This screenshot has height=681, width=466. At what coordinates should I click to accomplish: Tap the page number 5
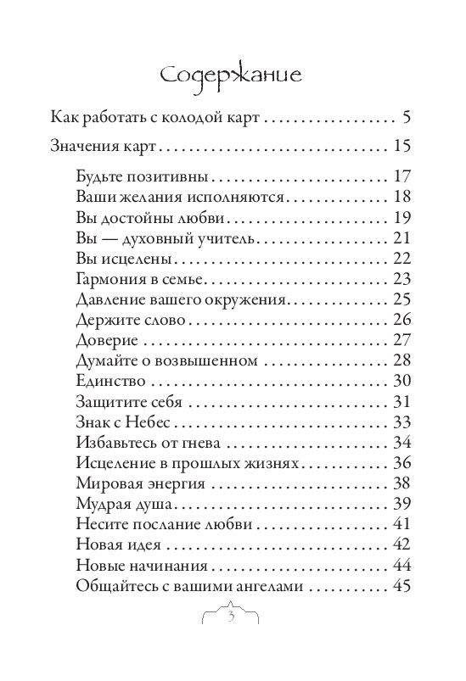tap(407, 116)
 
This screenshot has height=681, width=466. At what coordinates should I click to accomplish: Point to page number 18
tap(401, 198)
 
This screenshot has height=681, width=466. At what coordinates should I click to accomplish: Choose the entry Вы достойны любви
tap(147, 218)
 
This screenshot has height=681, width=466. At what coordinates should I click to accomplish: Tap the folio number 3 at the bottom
tap(232, 616)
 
